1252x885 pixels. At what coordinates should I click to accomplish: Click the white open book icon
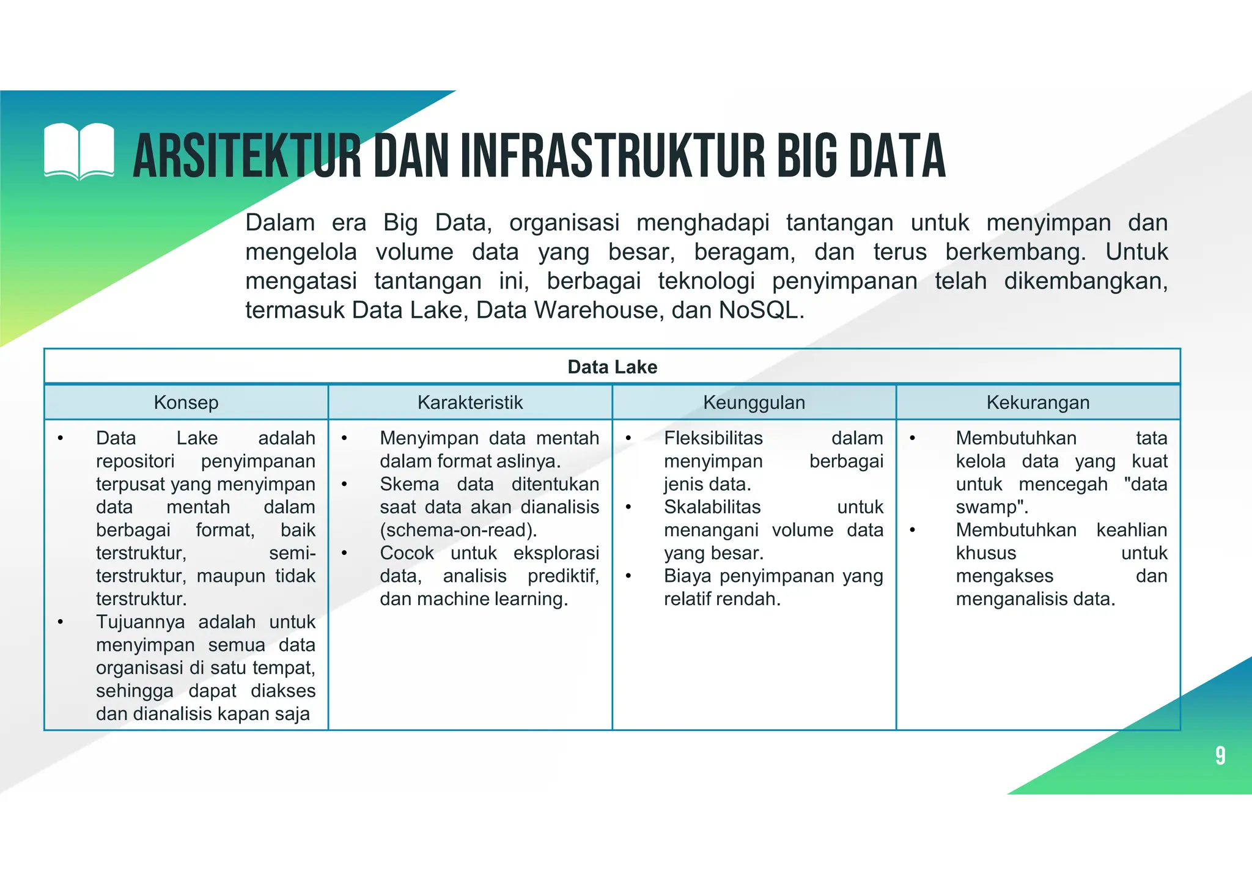pyautogui.click(x=79, y=152)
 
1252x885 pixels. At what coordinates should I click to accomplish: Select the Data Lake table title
pyautogui.click(x=612, y=367)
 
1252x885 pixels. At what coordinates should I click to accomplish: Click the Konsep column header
pyautogui.click(x=186, y=402)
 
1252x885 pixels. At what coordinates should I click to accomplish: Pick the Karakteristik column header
pyautogui.click(x=470, y=402)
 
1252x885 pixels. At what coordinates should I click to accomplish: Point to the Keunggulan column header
pyautogui.click(x=754, y=402)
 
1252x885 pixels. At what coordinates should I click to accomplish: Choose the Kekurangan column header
pyautogui.click(x=1037, y=402)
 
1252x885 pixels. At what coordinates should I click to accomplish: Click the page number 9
pyautogui.click(x=1220, y=756)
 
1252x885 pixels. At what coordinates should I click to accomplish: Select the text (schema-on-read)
pyautogui.click(x=458, y=530)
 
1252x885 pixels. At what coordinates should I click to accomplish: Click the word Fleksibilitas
pyautogui.click(x=713, y=438)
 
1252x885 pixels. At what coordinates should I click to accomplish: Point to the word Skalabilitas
pyautogui.click(x=712, y=507)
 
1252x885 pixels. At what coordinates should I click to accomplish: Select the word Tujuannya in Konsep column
pyautogui.click(x=140, y=622)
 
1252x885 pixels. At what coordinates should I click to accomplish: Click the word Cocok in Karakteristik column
pyautogui.click(x=407, y=553)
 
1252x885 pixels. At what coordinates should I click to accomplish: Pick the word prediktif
pyautogui.click(x=562, y=576)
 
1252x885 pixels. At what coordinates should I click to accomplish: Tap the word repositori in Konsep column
pyautogui.click(x=135, y=461)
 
